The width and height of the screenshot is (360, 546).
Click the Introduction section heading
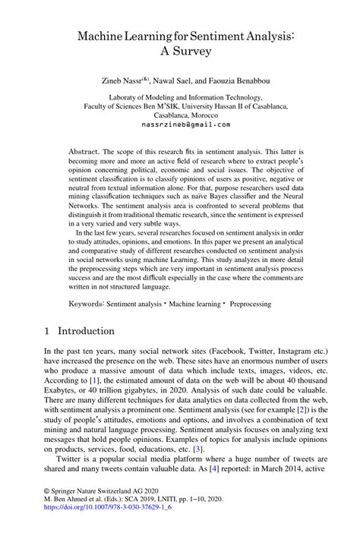point(86,331)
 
